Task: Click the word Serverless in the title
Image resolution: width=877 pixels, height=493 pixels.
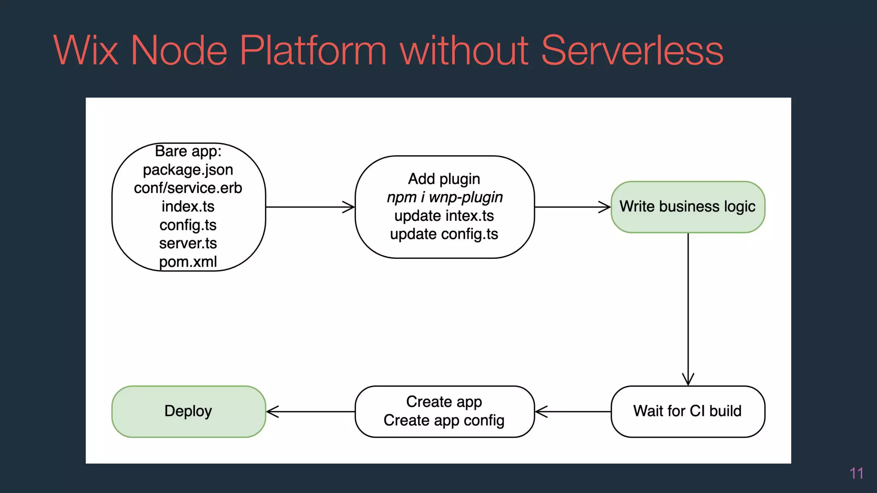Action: (632, 50)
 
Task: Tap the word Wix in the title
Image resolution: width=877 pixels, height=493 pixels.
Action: (86, 50)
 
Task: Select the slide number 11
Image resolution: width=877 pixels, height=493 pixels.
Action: (856, 473)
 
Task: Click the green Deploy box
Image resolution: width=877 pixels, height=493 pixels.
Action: (188, 411)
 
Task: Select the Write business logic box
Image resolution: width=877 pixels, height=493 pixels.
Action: (688, 207)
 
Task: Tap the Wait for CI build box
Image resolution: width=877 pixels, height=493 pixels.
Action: (688, 411)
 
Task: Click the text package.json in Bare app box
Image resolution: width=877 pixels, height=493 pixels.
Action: (188, 170)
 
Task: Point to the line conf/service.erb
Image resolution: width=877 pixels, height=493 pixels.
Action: (188, 188)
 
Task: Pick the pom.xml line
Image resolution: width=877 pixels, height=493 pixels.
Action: (188, 261)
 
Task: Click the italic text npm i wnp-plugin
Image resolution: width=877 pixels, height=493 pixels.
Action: (444, 197)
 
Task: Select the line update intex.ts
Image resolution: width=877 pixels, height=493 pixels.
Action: (444, 216)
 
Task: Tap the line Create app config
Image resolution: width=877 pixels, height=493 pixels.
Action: (444, 420)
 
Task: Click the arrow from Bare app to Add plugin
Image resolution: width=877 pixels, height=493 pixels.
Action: (310, 207)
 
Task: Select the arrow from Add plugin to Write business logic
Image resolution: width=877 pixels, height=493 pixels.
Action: (573, 207)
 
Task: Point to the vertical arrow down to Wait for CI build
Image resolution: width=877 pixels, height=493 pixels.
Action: (688, 308)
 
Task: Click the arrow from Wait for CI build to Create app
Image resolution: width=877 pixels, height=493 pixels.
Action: (573, 412)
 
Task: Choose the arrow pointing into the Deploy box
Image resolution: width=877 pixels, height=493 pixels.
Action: (310, 412)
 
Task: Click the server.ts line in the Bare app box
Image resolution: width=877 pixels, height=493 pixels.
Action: (188, 243)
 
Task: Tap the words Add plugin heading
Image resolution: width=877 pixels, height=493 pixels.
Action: (444, 179)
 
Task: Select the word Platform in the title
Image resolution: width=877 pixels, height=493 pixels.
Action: (313, 50)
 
